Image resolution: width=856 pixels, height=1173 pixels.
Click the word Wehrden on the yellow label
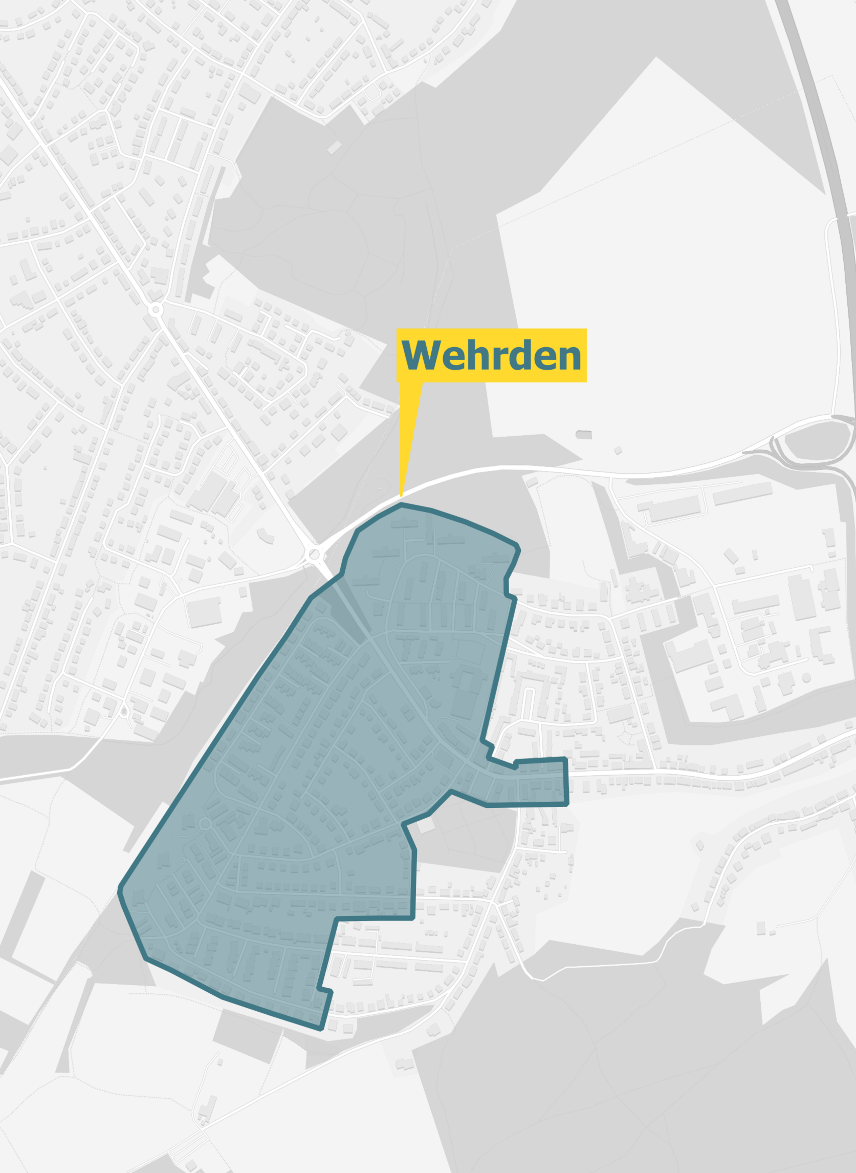pos(491,356)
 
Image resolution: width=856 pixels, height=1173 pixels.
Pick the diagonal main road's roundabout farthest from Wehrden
pos(155,310)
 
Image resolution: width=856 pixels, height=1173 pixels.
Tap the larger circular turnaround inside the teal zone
pos(205,823)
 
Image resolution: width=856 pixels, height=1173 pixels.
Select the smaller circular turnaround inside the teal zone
pos(181,861)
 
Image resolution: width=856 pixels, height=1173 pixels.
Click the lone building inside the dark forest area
pos(334,147)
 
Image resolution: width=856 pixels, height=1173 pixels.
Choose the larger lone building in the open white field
pos(584,434)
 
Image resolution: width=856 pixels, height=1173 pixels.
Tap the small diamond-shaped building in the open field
pos(618,450)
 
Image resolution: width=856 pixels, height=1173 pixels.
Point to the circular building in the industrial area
pos(806,678)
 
